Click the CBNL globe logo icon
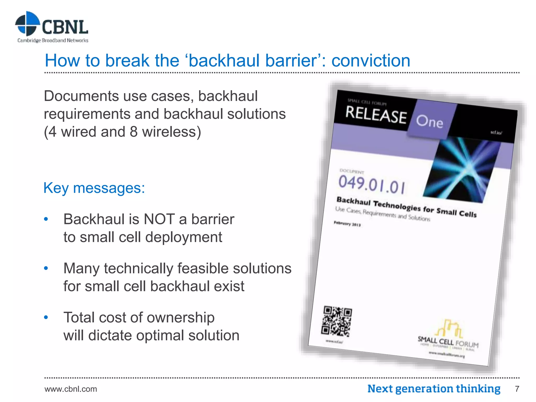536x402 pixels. tap(27, 24)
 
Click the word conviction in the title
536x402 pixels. tap(371, 61)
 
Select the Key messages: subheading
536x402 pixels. tap(94, 188)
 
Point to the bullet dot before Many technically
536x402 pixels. tap(46, 268)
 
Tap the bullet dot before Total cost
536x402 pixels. tap(46, 317)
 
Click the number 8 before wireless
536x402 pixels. tap(133, 132)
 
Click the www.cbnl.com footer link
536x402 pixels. tap(71, 389)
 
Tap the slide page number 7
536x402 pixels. tap(517, 389)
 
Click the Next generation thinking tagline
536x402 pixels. tap(434, 389)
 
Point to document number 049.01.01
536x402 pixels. tap(372, 185)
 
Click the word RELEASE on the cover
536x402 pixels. tap(376, 115)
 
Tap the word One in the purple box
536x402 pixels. tap(429, 122)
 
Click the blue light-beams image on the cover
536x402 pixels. tap(461, 170)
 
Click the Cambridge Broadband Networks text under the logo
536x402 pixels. tap(53, 40)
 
